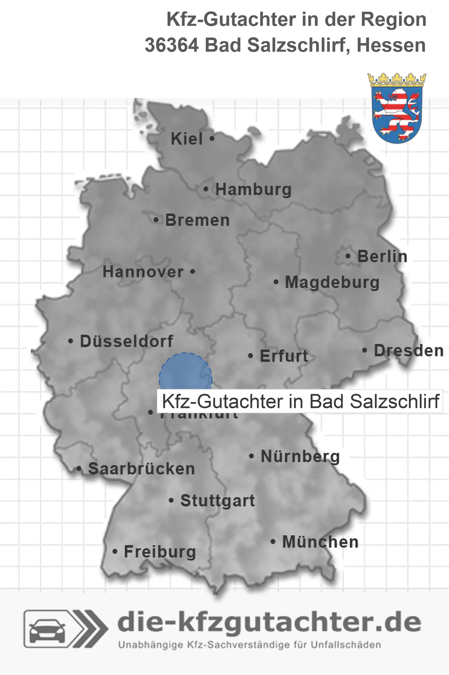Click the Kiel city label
[187, 139]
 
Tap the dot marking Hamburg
[206, 189]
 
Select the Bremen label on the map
[197, 220]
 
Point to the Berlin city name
[382, 256]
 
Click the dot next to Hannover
[193, 272]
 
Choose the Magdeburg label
[332, 282]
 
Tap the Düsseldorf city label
[126, 341]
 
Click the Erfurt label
[284, 356]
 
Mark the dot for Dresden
[364, 350]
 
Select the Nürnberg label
[300, 456]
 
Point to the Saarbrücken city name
[141, 469]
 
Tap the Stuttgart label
[218, 501]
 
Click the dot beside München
[273, 541]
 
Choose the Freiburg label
[160, 552]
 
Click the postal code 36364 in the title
[172, 45]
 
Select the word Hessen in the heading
[391, 45]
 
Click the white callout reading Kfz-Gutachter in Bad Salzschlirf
[300, 401]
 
